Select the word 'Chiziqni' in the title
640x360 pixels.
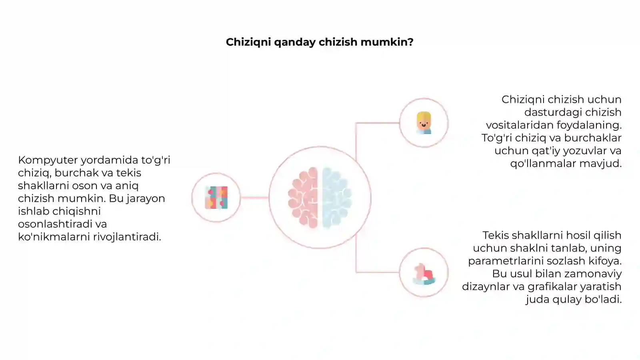(248, 42)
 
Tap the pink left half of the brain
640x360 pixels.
(303, 198)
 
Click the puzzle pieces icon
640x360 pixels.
(216, 198)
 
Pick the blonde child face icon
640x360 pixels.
(424, 123)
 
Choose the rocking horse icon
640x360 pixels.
(424, 274)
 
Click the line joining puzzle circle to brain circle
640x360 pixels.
(254, 198)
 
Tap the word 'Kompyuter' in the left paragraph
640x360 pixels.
(48, 160)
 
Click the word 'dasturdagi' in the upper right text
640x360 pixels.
(552, 112)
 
